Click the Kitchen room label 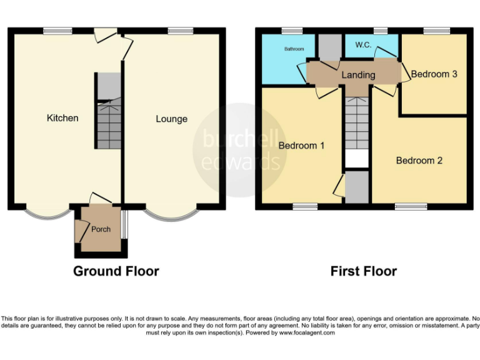click(x=62, y=117)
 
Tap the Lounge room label click(x=171, y=119)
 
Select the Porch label click(x=101, y=229)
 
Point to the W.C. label click(x=364, y=45)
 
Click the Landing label click(x=358, y=75)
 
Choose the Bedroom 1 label click(x=301, y=146)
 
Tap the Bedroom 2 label click(x=419, y=161)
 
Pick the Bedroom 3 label click(x=434, y=74)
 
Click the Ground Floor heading click(x=116, y=271)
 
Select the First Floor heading click(x=363, y=271)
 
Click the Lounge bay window click(x=170, y=214)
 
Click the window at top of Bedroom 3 click(x=437, y=29)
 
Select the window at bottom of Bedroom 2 click(x=411, y=206)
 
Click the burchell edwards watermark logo click(x=240, y=150)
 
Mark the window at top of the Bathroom click(x=291, y=29)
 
